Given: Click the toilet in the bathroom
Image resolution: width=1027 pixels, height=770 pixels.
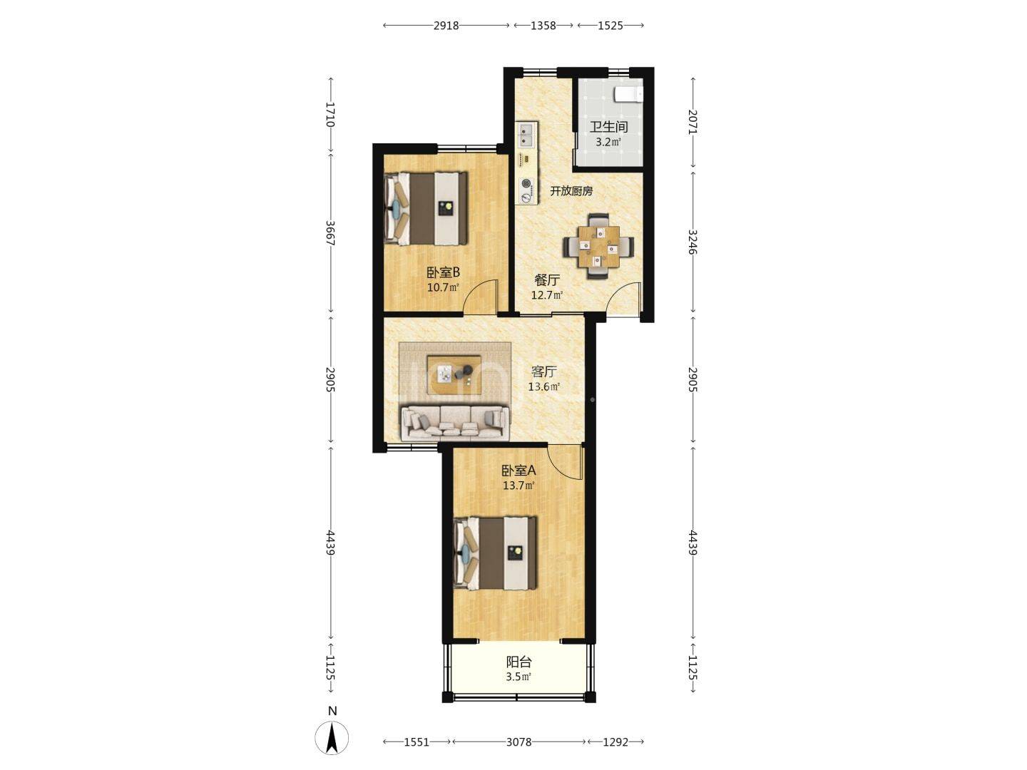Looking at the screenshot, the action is (629, 94).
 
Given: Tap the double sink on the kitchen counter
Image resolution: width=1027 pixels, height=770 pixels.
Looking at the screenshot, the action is (528, 135).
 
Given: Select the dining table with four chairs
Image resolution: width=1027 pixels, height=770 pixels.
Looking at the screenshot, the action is (598, 247).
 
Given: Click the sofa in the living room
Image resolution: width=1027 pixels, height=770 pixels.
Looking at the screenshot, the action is (455, 423).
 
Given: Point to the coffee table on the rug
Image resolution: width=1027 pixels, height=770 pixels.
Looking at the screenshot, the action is (454, 375).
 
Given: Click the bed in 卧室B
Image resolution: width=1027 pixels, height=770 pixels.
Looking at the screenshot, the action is (426, 208).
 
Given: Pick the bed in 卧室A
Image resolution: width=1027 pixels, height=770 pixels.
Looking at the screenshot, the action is (496, 553).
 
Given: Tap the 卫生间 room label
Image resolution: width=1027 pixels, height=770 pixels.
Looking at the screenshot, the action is (608, 127).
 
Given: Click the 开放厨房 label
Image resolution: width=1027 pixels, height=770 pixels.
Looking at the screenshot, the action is (571, 191).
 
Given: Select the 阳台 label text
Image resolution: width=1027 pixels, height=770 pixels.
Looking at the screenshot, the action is (519, 662).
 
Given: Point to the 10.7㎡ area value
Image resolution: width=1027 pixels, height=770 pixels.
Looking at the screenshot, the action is (443, 287).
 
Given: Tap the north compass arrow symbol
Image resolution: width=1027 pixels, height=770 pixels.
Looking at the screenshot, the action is (332, 738).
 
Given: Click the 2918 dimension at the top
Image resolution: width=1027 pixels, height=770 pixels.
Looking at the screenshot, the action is (446, 26).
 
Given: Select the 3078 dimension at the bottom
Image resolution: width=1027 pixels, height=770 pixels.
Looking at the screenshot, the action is (519, 741).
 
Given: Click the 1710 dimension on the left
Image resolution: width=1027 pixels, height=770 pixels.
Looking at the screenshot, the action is (331, 115).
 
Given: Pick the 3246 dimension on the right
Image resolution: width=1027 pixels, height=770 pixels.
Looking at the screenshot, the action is (693, 242).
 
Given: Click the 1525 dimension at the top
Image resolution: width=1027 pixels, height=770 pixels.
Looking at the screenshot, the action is (610, 26).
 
